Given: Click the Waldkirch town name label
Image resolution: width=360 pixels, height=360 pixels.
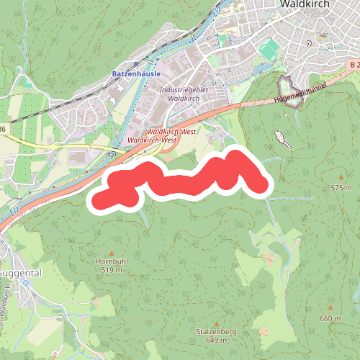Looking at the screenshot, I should [x=301, y=4].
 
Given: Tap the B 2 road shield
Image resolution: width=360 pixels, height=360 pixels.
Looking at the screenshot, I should [x=352, y=65].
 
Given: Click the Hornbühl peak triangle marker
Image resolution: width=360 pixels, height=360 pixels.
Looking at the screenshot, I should [x=111, y=253].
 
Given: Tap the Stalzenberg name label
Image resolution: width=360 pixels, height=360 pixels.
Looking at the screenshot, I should [x=215, y=332].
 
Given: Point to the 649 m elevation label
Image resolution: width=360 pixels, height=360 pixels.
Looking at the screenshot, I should [x=215, y=341].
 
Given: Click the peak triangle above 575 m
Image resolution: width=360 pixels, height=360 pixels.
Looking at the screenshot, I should [x=341, y=177].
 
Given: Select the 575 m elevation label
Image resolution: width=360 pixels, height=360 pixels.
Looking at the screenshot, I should [x=341, y=187].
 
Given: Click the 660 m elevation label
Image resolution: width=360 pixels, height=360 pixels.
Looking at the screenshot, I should [x=330, y=318].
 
